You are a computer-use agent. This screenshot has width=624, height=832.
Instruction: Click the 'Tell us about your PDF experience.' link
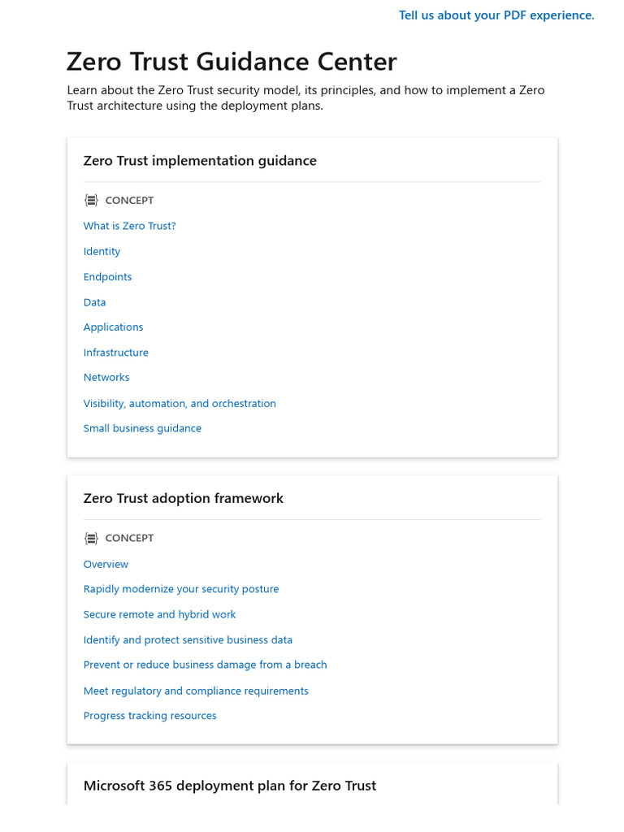click(x=496, y=15)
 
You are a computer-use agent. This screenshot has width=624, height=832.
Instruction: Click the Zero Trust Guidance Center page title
click(x=232, y=62)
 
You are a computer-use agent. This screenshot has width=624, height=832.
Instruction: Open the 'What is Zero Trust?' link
click(x=129, y=226)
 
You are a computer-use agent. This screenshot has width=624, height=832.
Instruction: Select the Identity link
click(x=102, y=251)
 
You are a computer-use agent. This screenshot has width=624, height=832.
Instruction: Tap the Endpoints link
click(x=107, y=276)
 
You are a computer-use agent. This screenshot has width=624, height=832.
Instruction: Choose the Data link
click(x=94, y=302)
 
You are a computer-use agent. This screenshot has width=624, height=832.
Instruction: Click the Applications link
click(x=113, y=327)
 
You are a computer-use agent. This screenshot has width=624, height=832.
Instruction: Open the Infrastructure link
click(x=115, y=353)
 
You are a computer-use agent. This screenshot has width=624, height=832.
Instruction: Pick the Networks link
click(x=106, y=377)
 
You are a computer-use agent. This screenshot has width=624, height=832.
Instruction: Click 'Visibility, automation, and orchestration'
click(x=180, y=403)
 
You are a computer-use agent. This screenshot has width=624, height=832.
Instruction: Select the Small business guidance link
click(x=142, y=428)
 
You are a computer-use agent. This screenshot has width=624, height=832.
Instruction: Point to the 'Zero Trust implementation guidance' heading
click(x=200, y=161)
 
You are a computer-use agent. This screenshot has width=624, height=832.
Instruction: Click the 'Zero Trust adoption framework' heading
click(x=183, y=498)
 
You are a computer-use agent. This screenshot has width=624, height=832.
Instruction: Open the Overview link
click(x=106, y=564)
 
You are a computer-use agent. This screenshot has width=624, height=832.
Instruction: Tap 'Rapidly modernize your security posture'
click(x=180, y=589)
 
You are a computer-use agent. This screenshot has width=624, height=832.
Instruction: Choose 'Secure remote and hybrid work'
click(x=159, y=614)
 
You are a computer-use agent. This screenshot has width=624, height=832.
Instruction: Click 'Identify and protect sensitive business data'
click(x=188, y=639)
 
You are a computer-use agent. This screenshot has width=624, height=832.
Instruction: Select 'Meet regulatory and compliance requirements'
click(x=196, y=691)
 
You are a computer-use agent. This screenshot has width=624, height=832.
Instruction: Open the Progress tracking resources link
click(x=149, y=716)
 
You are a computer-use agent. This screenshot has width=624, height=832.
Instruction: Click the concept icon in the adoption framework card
click(x=91, y=538)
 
